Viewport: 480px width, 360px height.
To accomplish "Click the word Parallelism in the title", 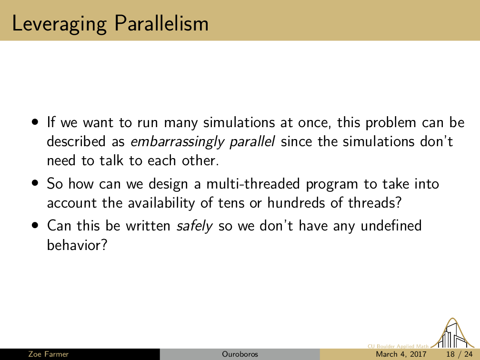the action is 161,23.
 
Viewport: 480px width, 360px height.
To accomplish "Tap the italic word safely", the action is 194,226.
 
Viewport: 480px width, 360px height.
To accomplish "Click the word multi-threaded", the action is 253,184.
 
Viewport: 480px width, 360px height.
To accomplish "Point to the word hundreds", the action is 296,203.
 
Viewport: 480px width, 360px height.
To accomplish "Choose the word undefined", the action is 391,226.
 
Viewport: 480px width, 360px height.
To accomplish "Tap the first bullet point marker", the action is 35,122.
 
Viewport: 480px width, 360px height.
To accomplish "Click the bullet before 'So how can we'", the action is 35,183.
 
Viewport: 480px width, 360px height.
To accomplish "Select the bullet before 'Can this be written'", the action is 35,225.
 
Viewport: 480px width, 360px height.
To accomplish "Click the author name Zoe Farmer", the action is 49,354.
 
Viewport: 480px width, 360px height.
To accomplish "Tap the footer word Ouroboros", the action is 240,354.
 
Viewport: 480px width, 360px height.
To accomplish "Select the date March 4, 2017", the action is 401,354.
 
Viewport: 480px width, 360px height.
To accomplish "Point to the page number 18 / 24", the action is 460,354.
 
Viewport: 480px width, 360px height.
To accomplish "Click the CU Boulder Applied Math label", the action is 398,346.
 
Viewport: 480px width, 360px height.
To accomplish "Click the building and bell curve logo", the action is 452,333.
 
